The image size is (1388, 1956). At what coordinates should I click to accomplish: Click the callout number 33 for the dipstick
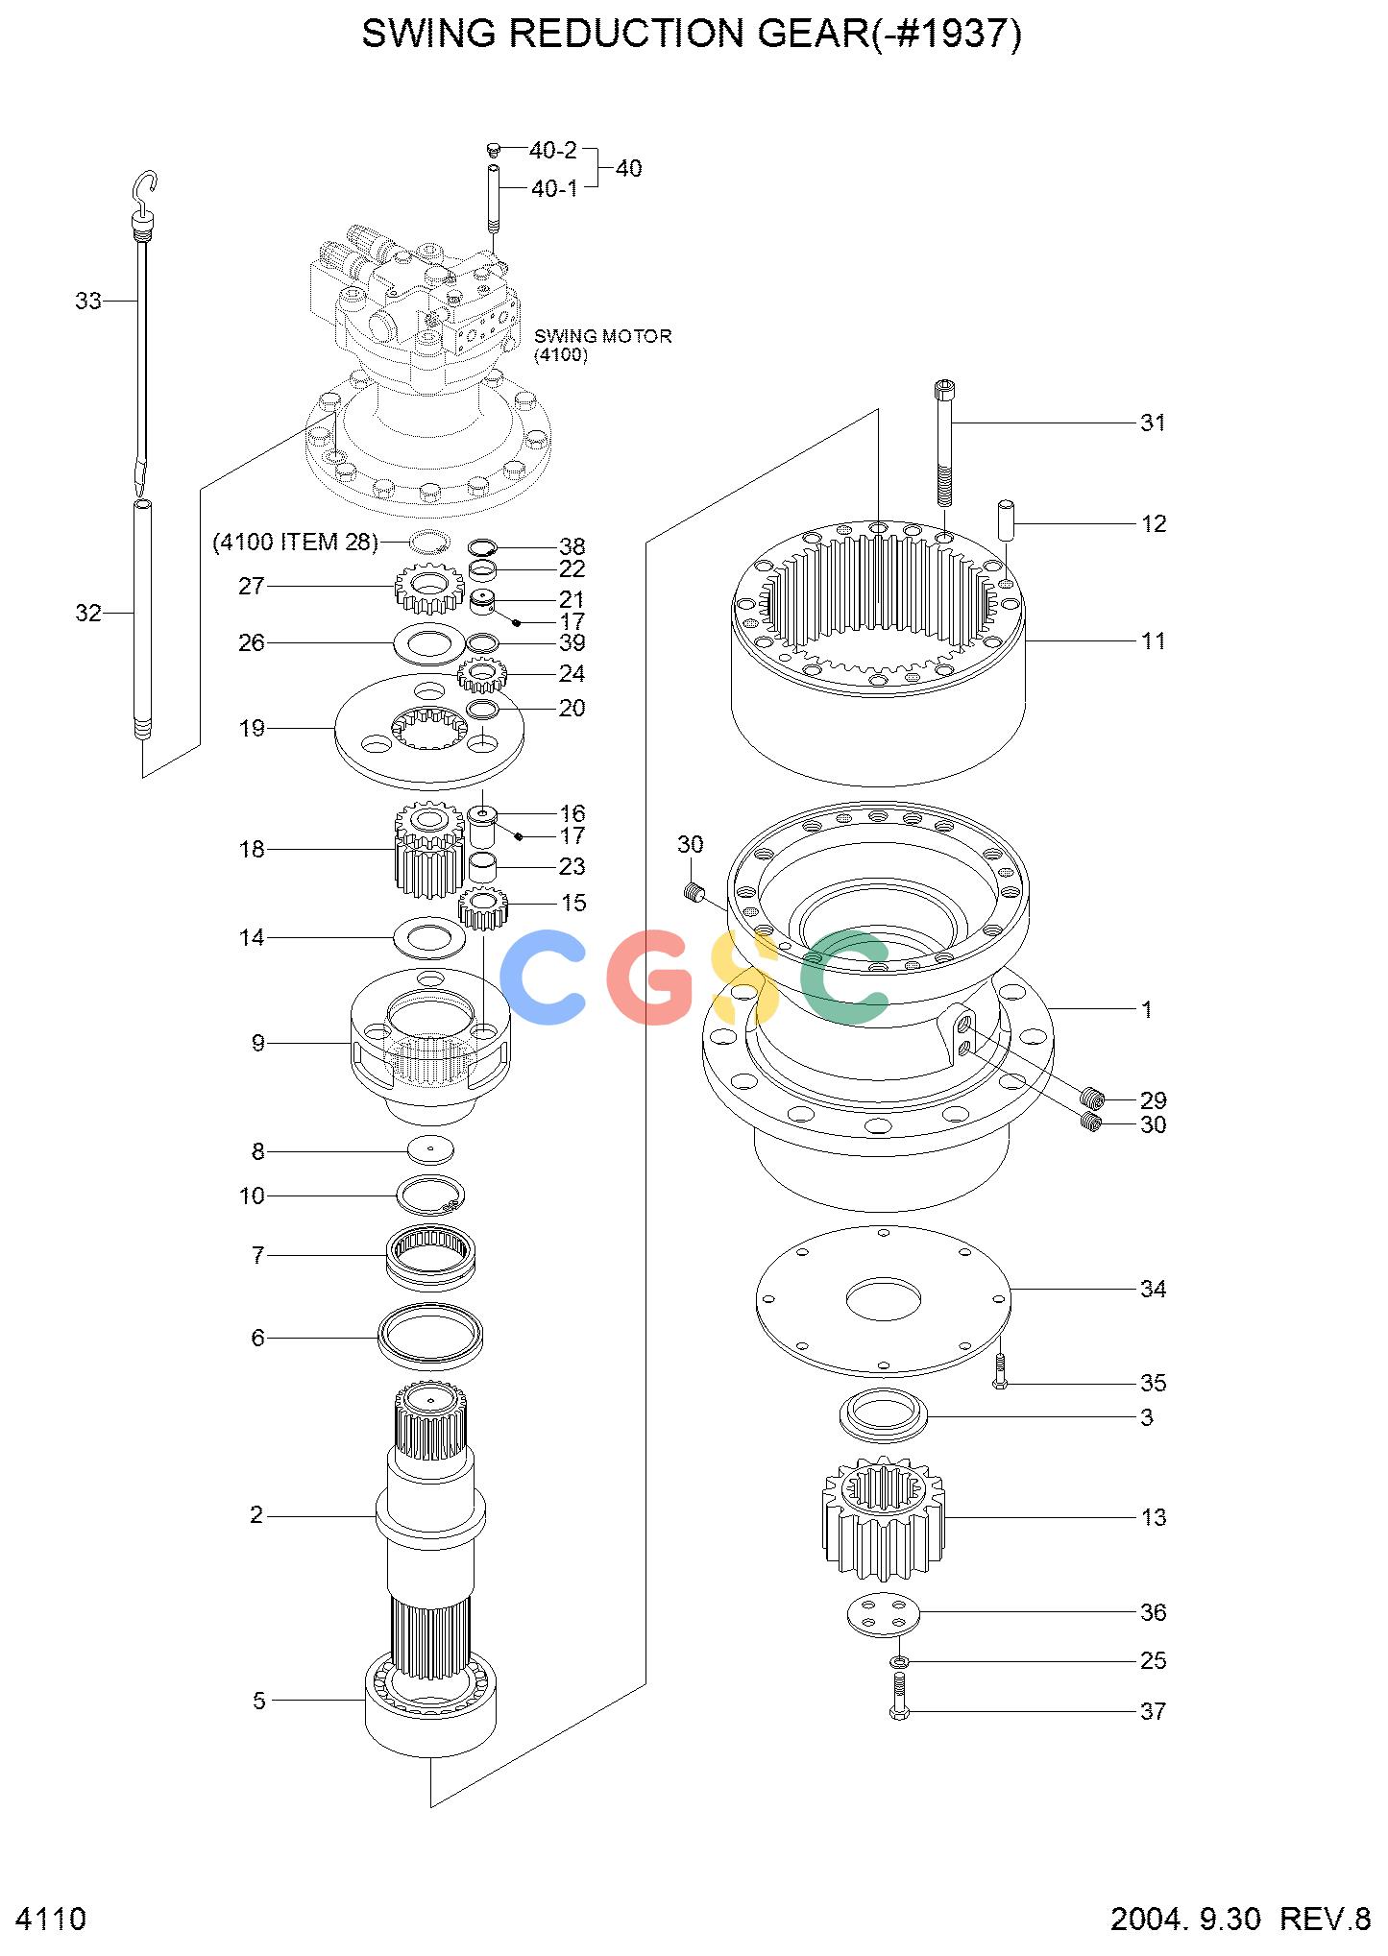[88, 302]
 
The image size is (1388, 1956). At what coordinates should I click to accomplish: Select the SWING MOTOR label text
[603, 336]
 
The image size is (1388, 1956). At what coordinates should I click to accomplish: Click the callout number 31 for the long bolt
[1153, 423]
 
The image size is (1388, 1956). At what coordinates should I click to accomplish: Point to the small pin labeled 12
[1008, 519]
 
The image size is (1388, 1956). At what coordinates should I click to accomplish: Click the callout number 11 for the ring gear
[1153, 640]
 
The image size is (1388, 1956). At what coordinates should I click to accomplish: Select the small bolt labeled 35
[1000, 1371]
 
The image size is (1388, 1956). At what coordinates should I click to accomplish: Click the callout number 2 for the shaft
[256, 1515]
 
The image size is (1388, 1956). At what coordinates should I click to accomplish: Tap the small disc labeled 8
[430, 1149]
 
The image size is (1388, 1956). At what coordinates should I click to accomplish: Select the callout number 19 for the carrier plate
[252, 729]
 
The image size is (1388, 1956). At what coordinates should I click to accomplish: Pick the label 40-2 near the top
[553, 151]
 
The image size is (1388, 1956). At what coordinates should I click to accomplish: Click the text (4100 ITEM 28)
[295, 543]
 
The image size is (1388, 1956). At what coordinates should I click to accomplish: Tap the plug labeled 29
[1091, 1097]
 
